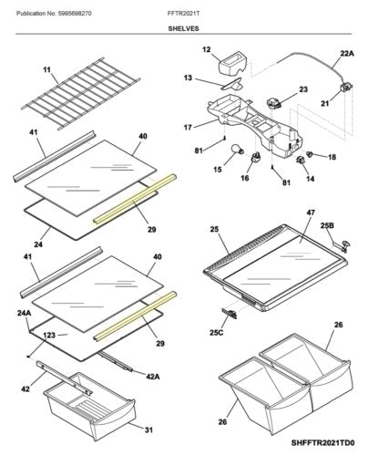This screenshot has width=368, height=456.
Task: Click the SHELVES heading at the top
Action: point(184,28)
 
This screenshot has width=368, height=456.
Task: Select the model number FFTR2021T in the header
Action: point(183,10)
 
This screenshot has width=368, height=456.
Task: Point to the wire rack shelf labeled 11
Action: point(83,100)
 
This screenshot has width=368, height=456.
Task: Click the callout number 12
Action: point(206,49)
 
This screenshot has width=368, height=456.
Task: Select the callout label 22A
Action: point(345,54)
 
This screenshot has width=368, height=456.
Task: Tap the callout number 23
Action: point(303,90)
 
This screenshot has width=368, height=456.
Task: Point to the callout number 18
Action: point(331,157)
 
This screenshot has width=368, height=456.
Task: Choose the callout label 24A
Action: point(25,313)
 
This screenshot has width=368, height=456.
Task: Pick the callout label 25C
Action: point(217,332)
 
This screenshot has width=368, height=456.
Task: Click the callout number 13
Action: point(188,79)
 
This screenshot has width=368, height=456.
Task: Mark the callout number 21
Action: point(323,104)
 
